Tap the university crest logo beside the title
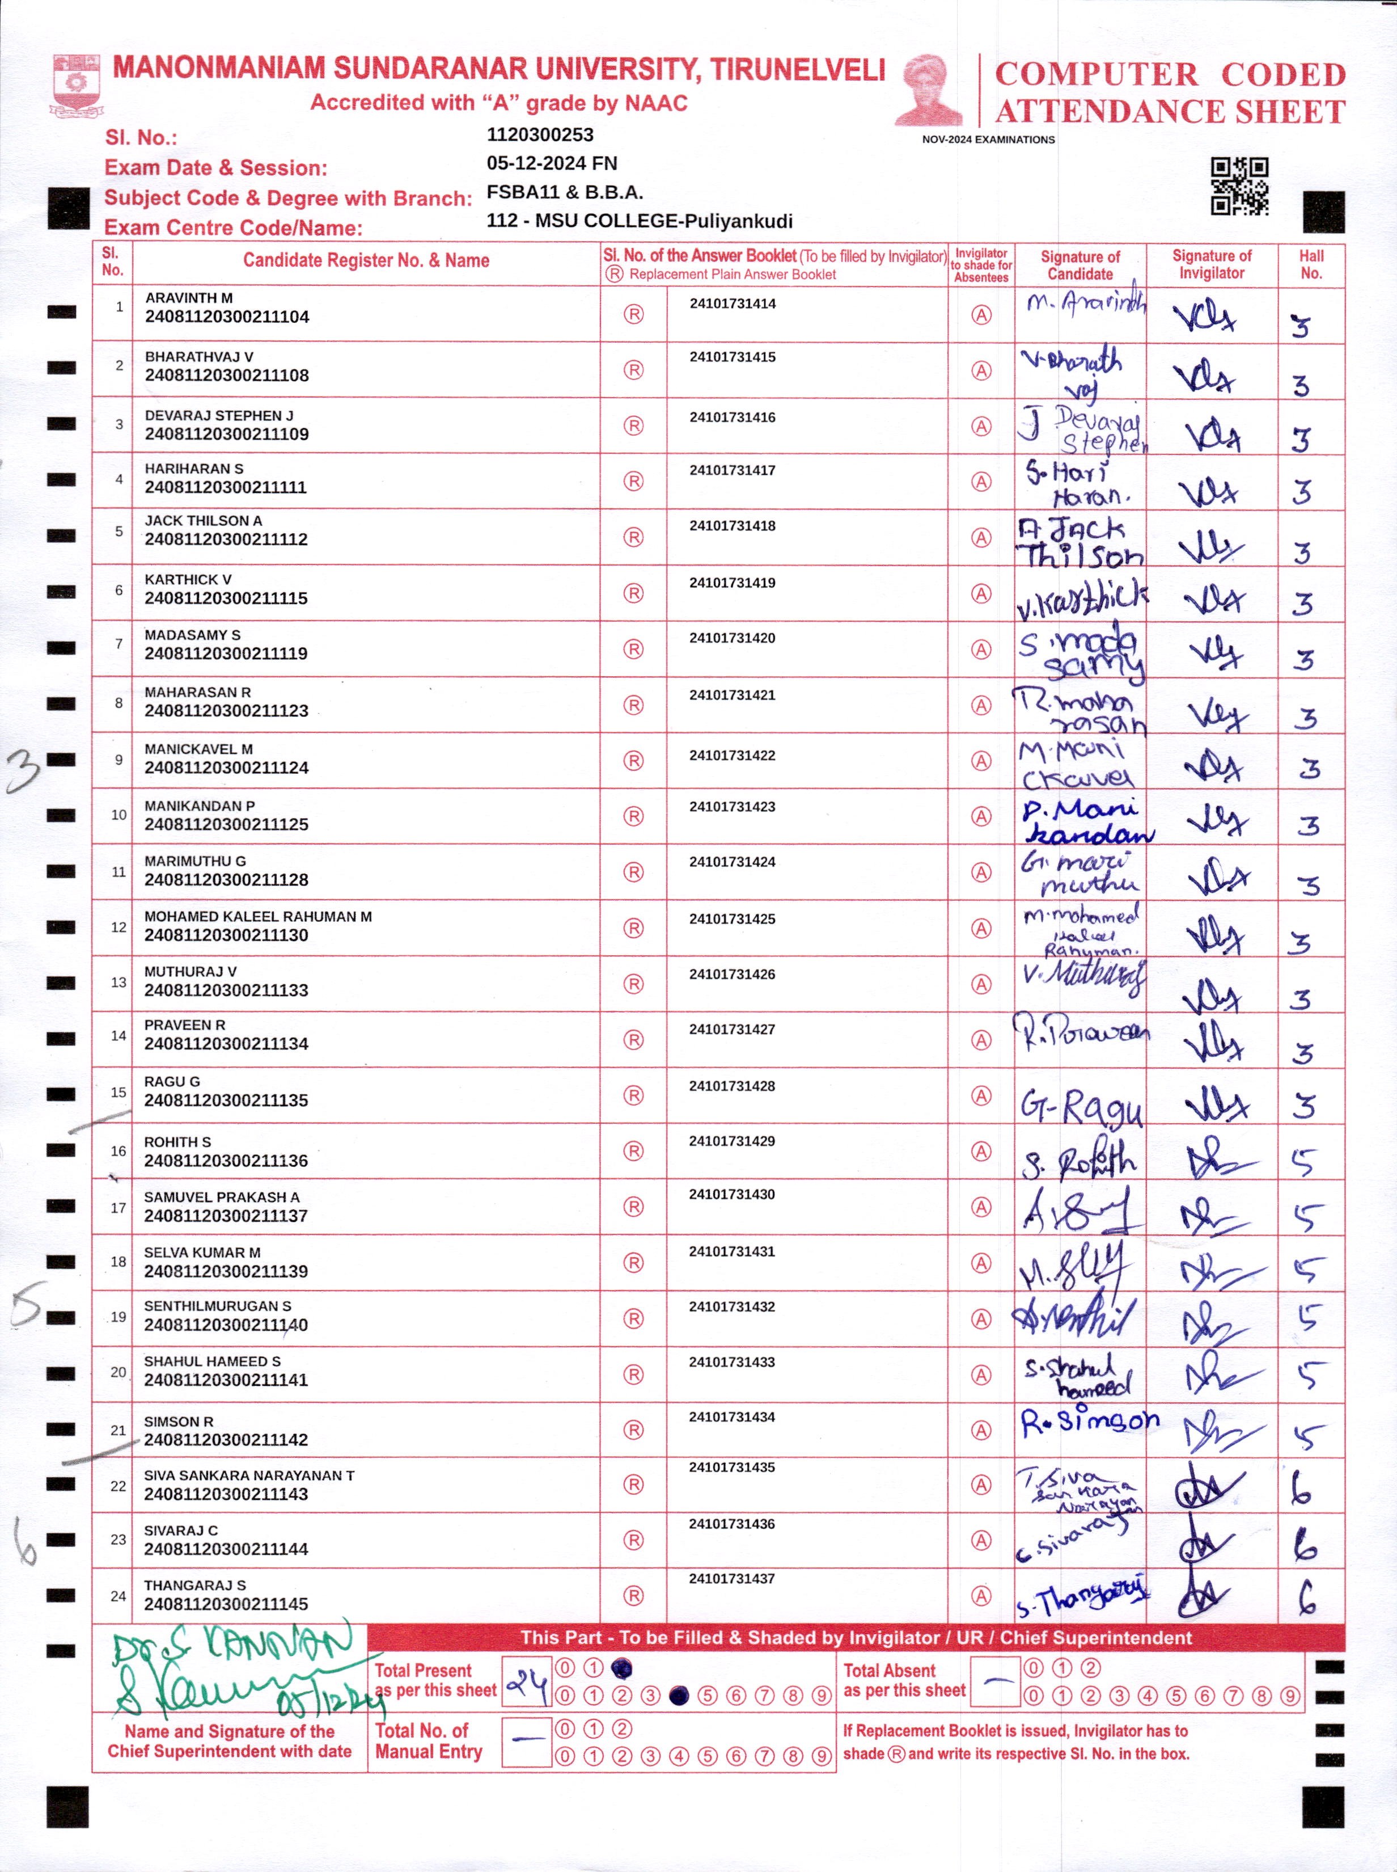77,85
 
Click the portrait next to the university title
929,91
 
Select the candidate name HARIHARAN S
194,469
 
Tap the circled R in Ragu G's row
633,1095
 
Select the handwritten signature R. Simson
1089,1423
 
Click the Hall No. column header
1311,264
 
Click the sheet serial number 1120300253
540,134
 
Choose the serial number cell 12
118,927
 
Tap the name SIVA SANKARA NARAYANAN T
249,1476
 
